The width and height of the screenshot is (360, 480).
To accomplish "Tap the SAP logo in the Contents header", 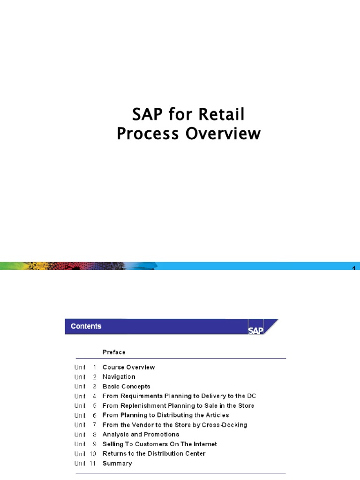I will pos(256,330).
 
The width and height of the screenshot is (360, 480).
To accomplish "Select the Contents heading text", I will pos(86,326).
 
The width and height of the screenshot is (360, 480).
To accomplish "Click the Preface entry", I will pos(114,352).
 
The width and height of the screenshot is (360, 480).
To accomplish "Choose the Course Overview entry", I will pos(128,367).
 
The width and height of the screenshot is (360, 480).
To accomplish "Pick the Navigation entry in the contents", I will pos(119,377).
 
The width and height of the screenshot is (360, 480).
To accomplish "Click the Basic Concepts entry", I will pos(126,386).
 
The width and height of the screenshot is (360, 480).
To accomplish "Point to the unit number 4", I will pos(94,396).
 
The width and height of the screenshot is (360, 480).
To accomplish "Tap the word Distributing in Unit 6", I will pos(175,415).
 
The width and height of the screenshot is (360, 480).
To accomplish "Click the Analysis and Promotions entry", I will pos(141,435).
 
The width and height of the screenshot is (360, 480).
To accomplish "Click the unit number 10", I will pos(93,454).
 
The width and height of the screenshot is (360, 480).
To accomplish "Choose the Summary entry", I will pos(117,463).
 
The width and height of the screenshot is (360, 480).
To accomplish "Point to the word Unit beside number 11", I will pos(80,463).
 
